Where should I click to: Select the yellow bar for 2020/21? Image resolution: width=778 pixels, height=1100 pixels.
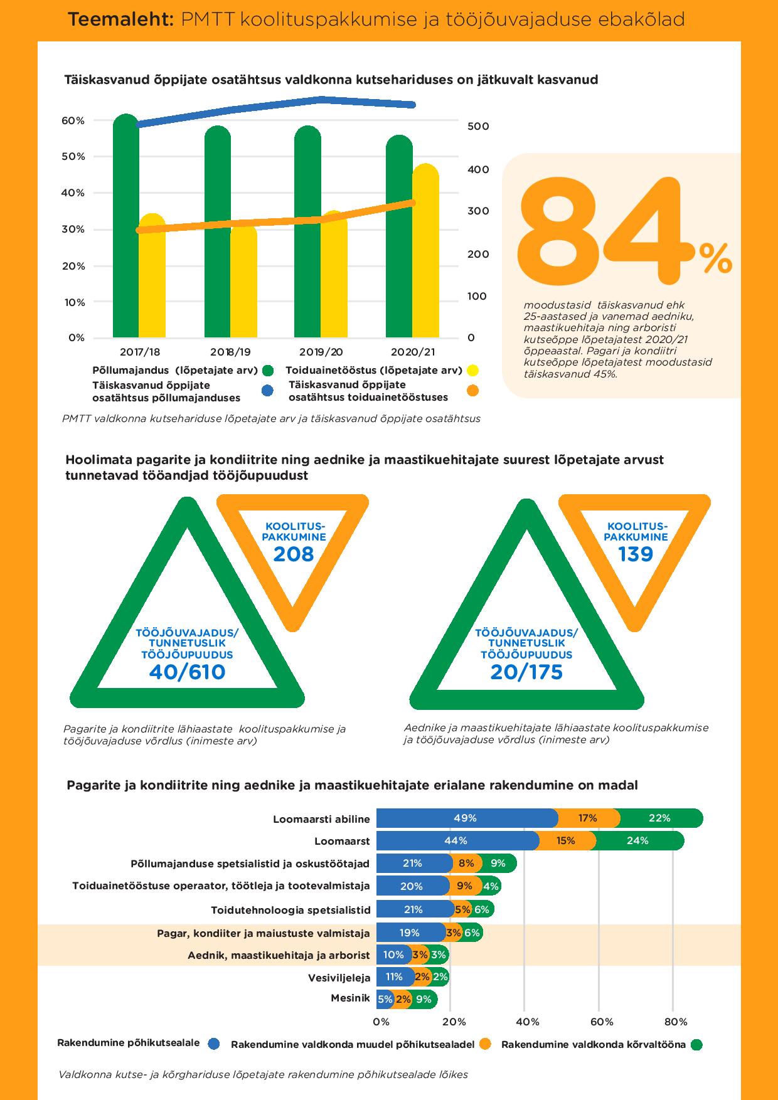click(x=425, y=251)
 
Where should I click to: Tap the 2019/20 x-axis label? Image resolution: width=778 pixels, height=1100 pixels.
click(x=321, y=352)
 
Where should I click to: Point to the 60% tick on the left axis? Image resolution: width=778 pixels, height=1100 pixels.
click(x=73, y=120)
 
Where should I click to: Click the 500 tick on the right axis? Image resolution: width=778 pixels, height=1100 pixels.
click(x=478, y=126)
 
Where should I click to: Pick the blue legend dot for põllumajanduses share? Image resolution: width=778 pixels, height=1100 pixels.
click(x=267, y=391)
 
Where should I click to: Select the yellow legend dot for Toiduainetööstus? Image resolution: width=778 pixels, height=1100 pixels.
click(x=472, y=371)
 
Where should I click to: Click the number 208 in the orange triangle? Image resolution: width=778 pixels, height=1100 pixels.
click(x=293, y=554)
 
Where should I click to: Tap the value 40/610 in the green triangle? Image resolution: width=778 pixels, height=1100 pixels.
click(x=187, y=672)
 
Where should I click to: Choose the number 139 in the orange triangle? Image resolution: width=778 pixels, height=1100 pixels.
click(x=636, y=554)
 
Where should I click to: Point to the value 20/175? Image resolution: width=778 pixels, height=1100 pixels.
click(x=526, y=672)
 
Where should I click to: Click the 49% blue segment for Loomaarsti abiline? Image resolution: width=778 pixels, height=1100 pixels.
click(x=467, y=818)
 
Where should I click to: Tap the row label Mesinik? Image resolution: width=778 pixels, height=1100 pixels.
click(x=350, y=998)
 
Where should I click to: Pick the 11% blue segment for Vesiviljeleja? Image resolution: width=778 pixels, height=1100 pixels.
click(x=395, y=976)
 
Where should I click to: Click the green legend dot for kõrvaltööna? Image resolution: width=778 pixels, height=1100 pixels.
click(x=696, y=1045)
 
